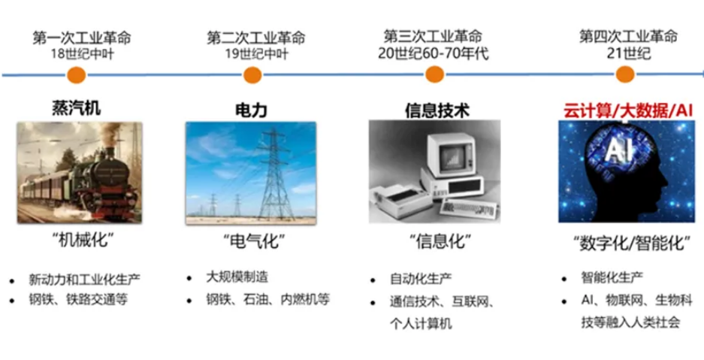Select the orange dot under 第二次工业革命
click(252, 74)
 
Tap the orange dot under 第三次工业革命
click(434, 74)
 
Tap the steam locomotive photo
click(80, 173)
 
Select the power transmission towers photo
click(250, 173)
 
